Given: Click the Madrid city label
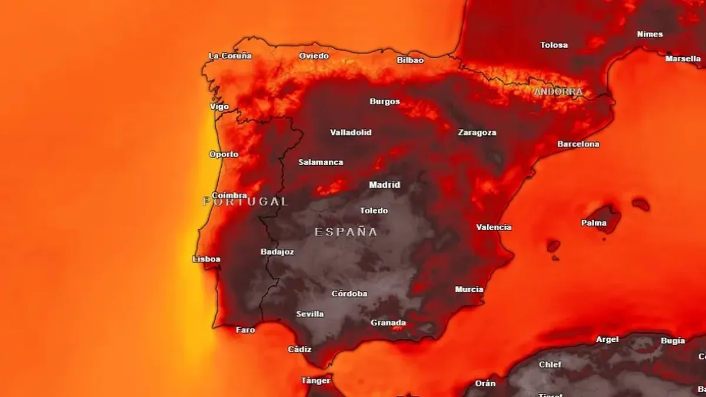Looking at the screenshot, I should point(384,185).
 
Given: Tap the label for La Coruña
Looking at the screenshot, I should point(230,56).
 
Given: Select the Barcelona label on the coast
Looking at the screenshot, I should point(578,144).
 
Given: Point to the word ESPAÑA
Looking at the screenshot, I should point(346,232).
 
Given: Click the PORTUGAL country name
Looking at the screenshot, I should point(245,201).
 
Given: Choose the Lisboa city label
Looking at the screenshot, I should point(207,259).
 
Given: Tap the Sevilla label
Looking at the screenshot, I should point(310,314).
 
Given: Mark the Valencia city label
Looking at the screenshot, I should point(494,227).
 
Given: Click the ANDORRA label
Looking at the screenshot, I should point(558,92).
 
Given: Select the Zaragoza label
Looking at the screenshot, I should point(477,132).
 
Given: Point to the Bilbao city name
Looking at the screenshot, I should point(410,60).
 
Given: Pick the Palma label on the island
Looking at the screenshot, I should point(594,223).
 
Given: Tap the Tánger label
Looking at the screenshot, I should point(316,381).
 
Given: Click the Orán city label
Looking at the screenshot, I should point(485,383).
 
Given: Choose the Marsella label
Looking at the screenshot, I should point(683,59).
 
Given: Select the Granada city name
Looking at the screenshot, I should point(388,323).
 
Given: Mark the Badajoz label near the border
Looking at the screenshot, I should point(277,252).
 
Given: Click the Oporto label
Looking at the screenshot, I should point(224,154).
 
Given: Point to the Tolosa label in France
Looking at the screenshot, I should point(554,45).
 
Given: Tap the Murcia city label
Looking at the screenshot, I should point(469,289).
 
